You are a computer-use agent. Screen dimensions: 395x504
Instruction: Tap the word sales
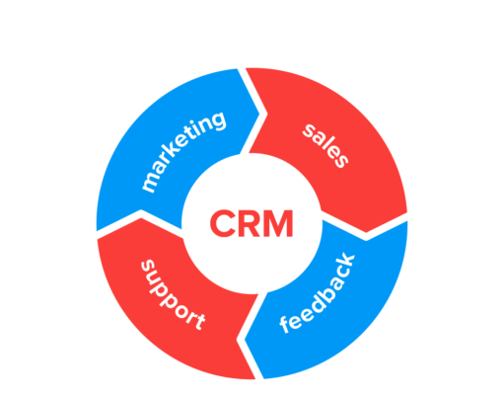[x=324, y=146]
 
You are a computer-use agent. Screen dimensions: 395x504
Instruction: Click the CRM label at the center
[x=251, y=222]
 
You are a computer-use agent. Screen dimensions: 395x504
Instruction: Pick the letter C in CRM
[x=221, y=222]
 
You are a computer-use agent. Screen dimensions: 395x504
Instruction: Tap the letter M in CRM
[x=279, y=222]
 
